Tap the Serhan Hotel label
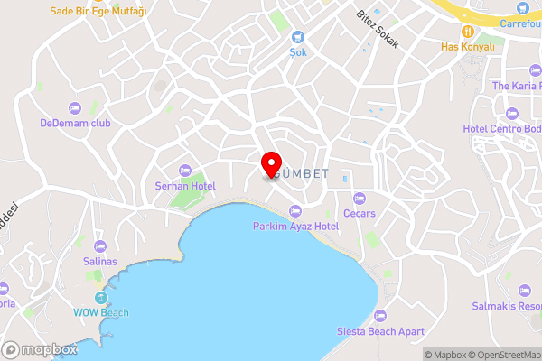[x=184, y=186]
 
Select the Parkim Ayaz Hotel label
[x=294, y=226]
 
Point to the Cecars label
[x=360, y=213]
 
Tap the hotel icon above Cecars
[x=360, y=199]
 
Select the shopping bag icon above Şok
[x=297, y=37]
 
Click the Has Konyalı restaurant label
[x=468, y=46]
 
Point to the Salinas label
[x=99, y=261]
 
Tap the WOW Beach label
[x=100, y=313]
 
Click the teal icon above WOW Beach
[x=100, y=299]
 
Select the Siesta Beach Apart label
[x=379, y=331]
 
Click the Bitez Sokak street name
[x=378, y=36]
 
